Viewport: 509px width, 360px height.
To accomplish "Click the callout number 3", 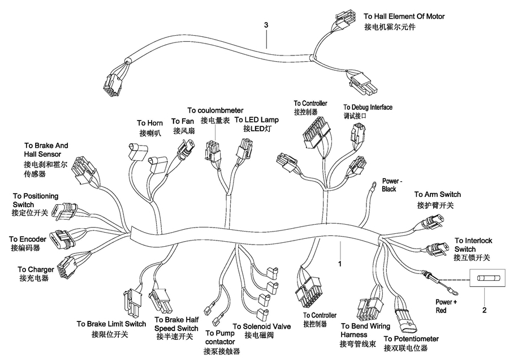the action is coord(266,25).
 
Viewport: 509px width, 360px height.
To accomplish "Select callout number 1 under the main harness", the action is coord(340,264).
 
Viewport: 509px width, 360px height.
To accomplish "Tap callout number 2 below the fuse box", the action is coord(484,310).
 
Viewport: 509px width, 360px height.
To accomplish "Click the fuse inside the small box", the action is coord(487,278).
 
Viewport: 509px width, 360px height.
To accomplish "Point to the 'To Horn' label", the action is coord(150,123).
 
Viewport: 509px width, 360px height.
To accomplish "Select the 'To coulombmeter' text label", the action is coord(215,110).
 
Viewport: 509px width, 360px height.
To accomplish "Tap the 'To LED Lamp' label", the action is coord(256,120).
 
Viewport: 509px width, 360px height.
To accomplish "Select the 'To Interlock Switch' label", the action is coord(473,245).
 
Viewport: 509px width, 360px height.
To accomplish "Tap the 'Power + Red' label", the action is coord(446,306).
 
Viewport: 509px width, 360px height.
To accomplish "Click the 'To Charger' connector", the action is coord(67,267).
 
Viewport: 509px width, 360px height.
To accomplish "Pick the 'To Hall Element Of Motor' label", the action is coord(404,16).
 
